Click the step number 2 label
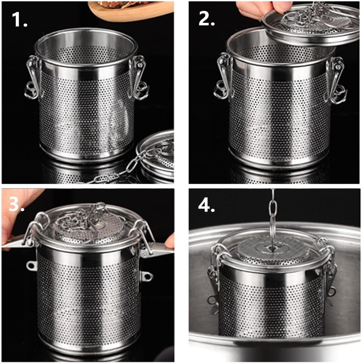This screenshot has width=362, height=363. [206, 18]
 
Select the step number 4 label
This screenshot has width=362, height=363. [206, 205]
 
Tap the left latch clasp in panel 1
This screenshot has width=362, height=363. [33, 77]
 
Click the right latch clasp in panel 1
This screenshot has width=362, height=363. [139, 77]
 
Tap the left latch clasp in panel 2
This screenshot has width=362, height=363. [223, 77]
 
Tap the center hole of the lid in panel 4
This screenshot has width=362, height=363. [271, 247]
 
